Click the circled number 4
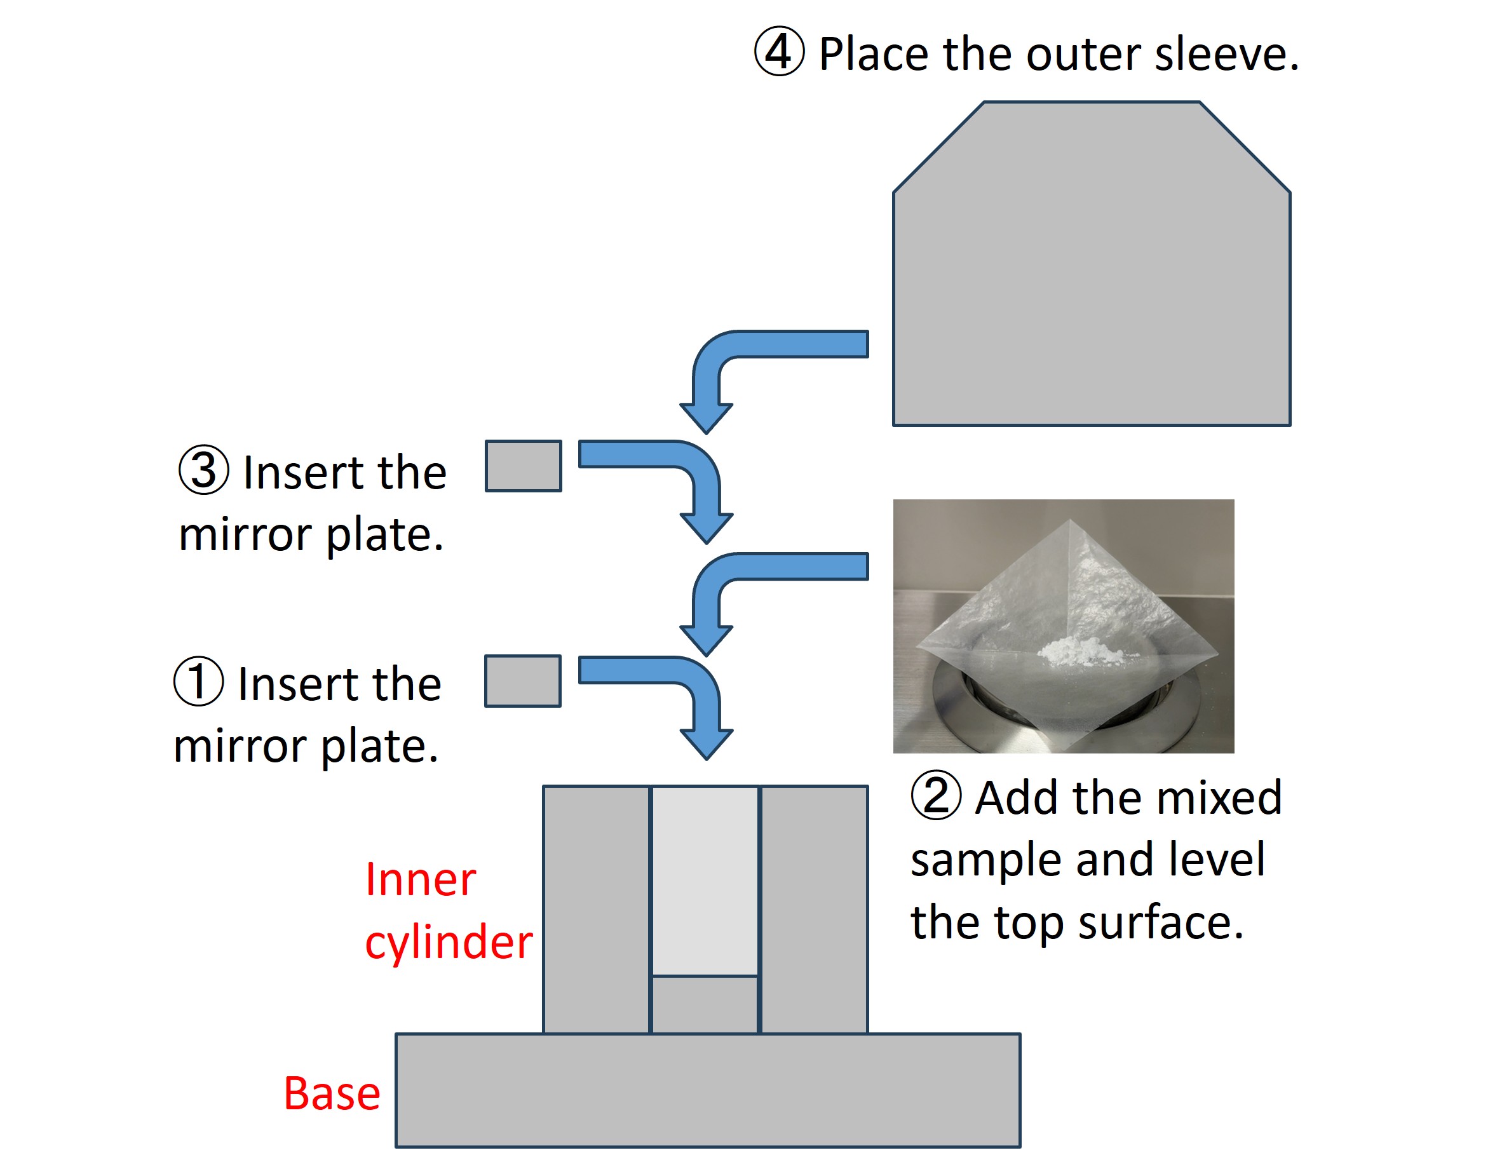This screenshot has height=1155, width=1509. [778, 51]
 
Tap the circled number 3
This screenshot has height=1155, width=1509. [203, 470]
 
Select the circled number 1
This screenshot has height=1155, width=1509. [198, 681]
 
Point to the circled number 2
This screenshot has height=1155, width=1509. [935, 795]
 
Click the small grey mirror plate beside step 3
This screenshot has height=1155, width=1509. [523, 466]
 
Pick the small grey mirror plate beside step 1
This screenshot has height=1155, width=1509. [522, 680]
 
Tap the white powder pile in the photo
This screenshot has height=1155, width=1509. [1076, 650]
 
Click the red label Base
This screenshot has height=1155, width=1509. [332, 1094]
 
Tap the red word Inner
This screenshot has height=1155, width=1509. [420, 880]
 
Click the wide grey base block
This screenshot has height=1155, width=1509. [707, 1093]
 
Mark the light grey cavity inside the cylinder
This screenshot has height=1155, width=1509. [705, 880]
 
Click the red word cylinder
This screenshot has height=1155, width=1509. [448, 943]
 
